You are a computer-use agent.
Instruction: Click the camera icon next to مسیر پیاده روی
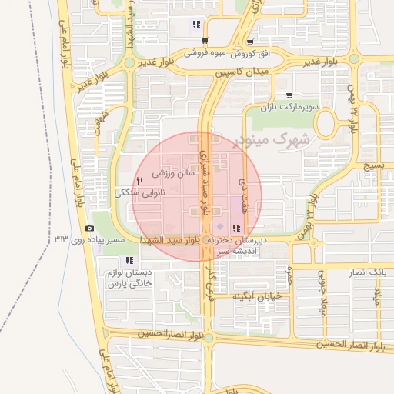(x=90, y=229)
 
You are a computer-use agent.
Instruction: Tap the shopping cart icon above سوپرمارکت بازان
(x=289, y=95)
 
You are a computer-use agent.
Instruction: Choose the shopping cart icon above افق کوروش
(x=250, y=42)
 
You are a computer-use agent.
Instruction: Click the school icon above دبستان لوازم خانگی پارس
(x=129, y=260)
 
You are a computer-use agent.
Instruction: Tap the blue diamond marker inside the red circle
(x=219, y=227)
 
